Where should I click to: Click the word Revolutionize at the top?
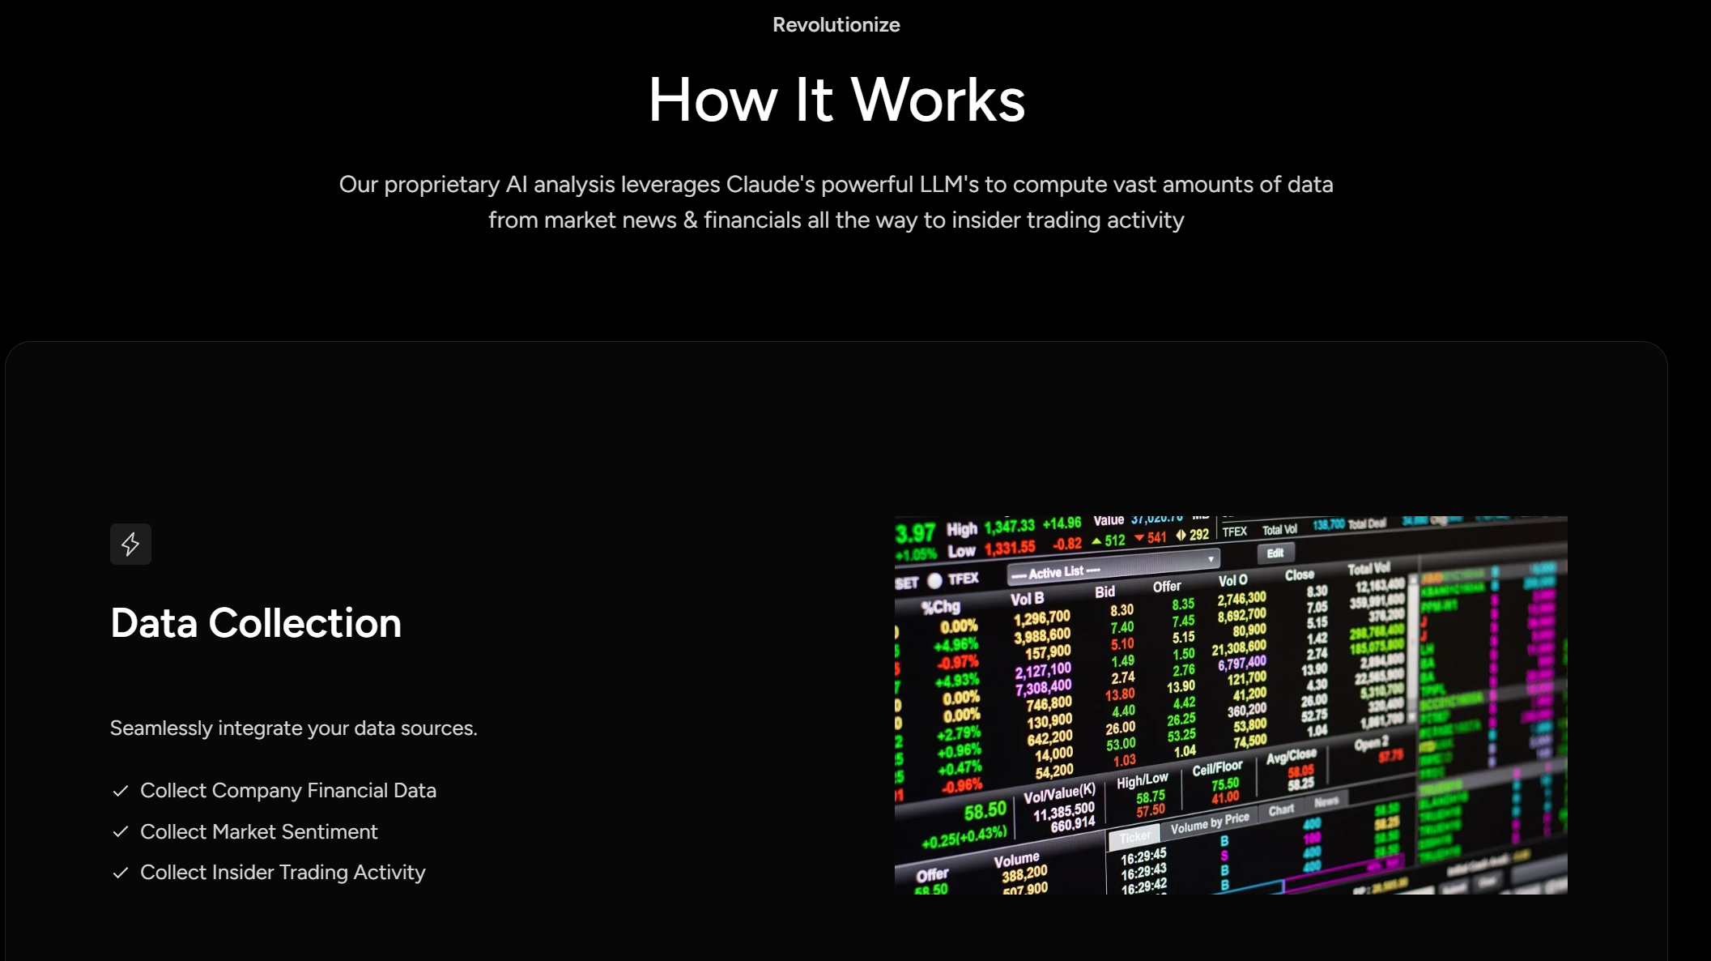pyautogui.click(x=836, y=25)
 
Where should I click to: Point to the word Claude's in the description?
pyautogui.click(x=770, y=185)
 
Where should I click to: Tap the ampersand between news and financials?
pyautogui.click(x=690, y=220)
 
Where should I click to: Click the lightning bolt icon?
pyautogui.click(x=130, y=545)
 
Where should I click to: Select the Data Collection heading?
pyautogui.click(x=256, y=623)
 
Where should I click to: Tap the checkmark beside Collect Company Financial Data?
pyautogui.click(x=121, y=791)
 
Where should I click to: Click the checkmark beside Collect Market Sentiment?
pyautogui.click(x=121, y=832)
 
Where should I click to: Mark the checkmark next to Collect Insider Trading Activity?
pyautogui.click(x=121, y=873)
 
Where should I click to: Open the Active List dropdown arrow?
pyautogui.click(x=1211, y=558)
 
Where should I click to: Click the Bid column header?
pyautogui.click(x=1104, y=592)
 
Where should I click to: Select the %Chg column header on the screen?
pyautogui.click(x=940, y=607)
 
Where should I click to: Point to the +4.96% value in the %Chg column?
pyautogui.click(x=956, y=646)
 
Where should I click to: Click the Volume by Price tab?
pyautogui.click(x=1210, y=824)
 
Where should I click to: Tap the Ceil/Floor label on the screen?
pyautogui.click(x=1216, y=768)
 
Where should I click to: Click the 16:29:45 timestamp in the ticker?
pyautogui.click(x=1143, y=856)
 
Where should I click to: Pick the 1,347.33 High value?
pyautogui.click(x=1009, y=527)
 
